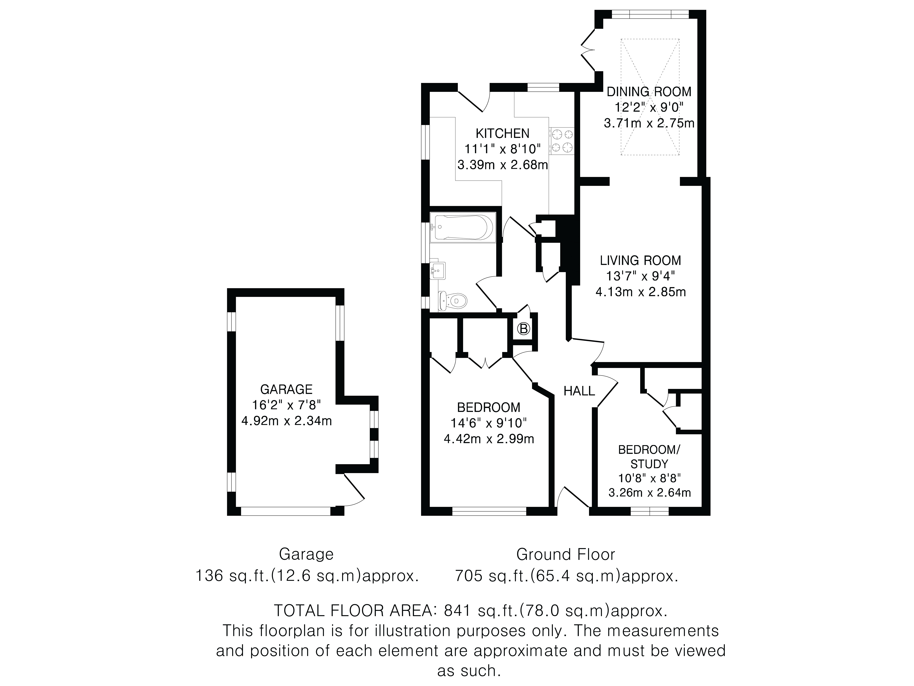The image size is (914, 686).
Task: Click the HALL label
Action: (x=579, y=391)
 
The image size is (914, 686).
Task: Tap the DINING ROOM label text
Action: (x=649, y=91)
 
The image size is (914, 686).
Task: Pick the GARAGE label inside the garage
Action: (x=286, y=389)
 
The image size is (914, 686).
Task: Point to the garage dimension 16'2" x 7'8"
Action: (x=286, y=405)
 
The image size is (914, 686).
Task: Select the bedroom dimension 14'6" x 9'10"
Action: (x=489, y=423)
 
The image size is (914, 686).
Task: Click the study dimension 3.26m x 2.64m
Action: (x=650, y=493)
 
